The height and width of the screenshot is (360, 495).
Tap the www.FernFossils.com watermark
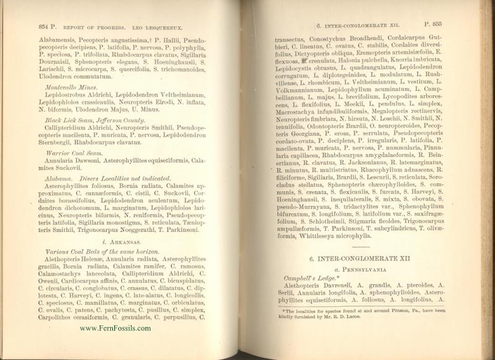pyautogui.click(x=116, y=328)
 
